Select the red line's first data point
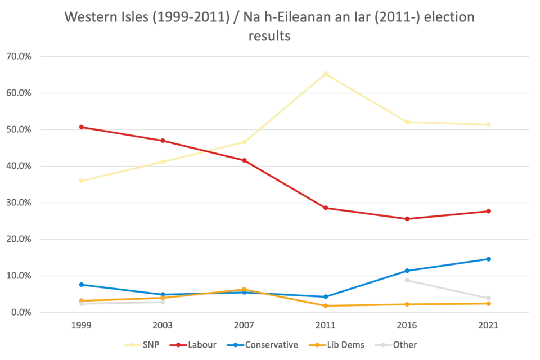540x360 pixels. [82, 126]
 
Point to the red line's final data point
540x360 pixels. [489, 211]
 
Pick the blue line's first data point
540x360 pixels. [82, 284]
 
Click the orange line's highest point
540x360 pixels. [243, 289]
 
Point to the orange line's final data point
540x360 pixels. [489, 303]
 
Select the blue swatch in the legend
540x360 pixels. [238, 345]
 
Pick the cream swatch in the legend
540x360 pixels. [133, 345]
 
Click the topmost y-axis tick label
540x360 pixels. [19, 56]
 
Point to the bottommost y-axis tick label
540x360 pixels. [19, 312]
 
